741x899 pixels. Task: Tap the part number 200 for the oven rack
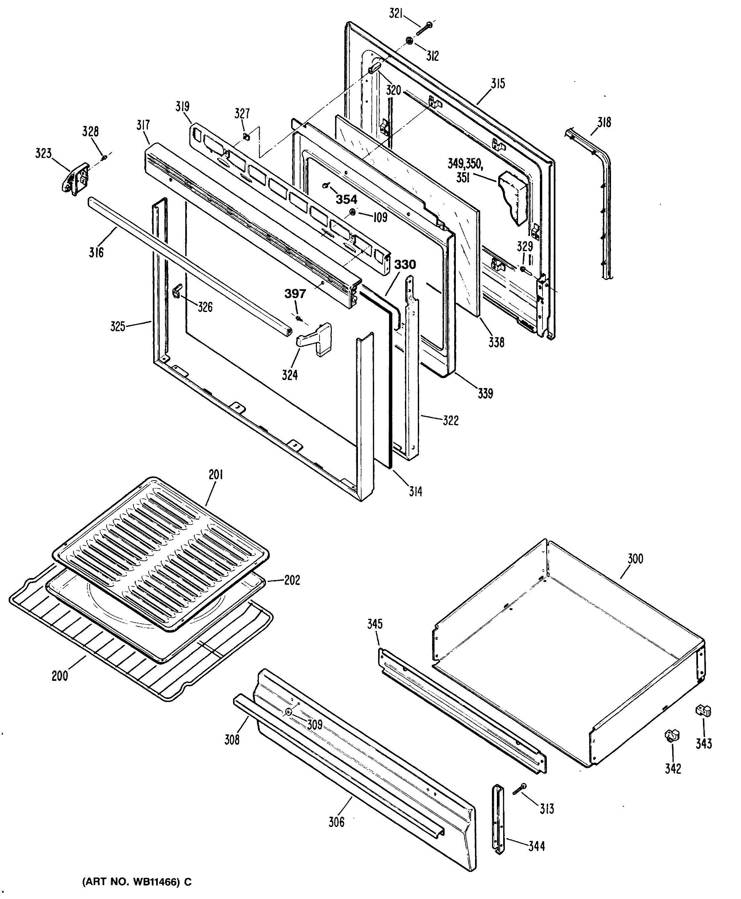[60, 676]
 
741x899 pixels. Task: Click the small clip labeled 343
[703, 710]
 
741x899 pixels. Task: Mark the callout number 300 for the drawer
[635, 559]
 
